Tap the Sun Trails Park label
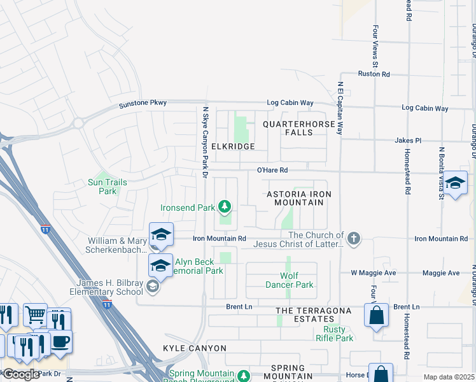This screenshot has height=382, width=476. (108, 187)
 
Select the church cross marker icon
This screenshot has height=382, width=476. (354, 239)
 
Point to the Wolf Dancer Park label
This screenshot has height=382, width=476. (288, 280)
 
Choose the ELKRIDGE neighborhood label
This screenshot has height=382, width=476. (233, 146)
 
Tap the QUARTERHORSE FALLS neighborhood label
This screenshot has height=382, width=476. (298, 128)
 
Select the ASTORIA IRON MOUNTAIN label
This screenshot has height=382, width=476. (295, 197)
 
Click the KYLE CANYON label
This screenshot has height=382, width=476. (195, 348)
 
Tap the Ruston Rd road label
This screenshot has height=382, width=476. (374, 74)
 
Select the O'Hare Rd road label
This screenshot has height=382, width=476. (272, 170)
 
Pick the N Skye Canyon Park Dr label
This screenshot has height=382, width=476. (205, 141)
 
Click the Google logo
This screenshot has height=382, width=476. (21, 374)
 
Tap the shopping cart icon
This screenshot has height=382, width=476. (35, 314)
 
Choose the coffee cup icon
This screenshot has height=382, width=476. (60, 340)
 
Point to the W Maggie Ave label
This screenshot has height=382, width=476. (374, 273)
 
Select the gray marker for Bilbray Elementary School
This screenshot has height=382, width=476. (152, 286)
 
